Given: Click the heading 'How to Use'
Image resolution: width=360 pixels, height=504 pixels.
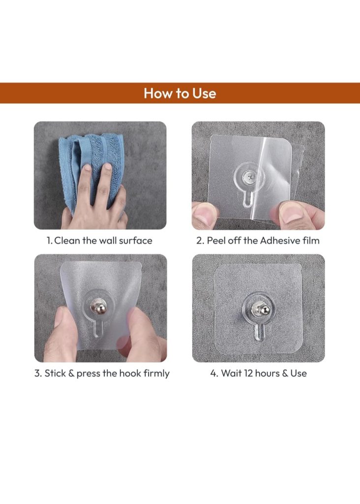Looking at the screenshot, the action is pyautogui.click(x=180, y=93).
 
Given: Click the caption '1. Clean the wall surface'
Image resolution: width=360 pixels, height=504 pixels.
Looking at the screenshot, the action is pyautogui.click(x=99, y=240).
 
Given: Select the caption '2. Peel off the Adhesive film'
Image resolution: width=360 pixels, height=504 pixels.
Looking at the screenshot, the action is pyautogui.click(x=258, y=240).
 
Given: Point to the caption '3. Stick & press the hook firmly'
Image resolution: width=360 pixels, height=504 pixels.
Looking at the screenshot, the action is pyautogui.click(x=102, y=373).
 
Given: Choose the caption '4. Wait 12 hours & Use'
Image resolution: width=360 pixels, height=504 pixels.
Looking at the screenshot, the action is pyautogui.click(x=259, y=373).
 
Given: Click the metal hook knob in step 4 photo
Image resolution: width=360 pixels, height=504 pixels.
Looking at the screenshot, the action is pyautogui.click(x=261, y=310).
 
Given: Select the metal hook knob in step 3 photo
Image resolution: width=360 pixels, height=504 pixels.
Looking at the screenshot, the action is pyautogui.click(x=98, y=307).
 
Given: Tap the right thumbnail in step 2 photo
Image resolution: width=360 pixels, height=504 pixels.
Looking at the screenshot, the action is pyautogui.click(x=293, y=214).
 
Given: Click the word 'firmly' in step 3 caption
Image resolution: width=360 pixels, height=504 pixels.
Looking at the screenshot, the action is pyautogui.click(x=156, y=374).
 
